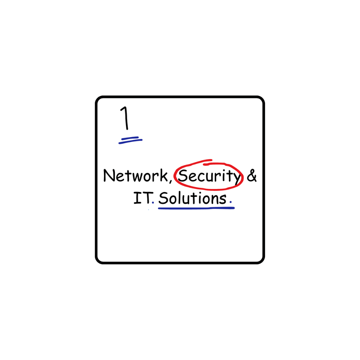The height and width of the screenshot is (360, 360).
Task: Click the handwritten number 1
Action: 125,118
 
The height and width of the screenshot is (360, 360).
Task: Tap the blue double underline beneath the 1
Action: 130,140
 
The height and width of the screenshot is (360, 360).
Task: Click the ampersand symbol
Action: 252,176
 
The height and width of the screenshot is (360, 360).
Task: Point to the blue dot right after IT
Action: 153,202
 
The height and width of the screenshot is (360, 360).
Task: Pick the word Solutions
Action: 192,198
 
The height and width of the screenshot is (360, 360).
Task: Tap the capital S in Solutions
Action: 163,199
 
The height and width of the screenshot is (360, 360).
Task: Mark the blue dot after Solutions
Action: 231,202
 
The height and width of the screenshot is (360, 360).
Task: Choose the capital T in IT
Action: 146,198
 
